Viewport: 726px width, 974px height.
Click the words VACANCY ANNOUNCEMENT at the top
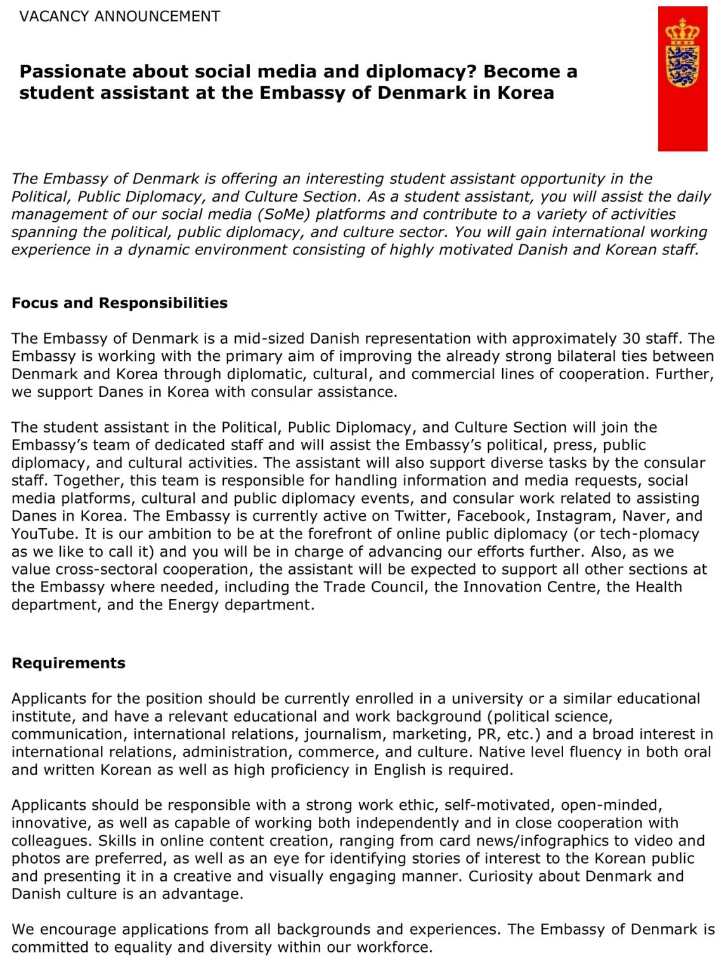click(x=120, y=16)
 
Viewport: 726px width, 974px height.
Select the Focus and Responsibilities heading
click(x=119, y=303)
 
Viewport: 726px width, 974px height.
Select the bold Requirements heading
click(x=68, y=663)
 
